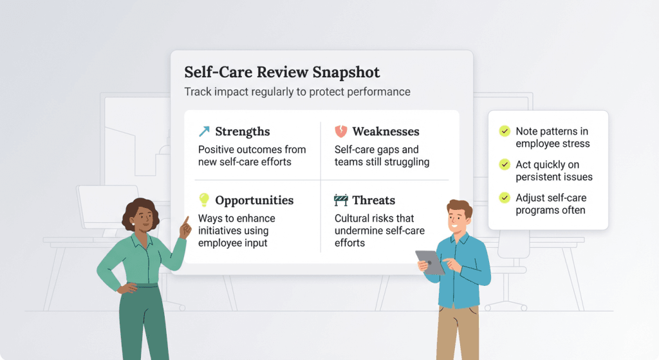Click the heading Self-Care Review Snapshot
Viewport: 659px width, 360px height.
coord(282,72)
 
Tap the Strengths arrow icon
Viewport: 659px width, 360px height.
coord(204,132)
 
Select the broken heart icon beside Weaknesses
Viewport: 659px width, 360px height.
coord(340,131)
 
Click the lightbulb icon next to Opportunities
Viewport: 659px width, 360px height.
coord(204,200)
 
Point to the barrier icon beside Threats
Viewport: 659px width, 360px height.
coord(340,200)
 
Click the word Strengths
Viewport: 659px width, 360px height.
coord(242,132)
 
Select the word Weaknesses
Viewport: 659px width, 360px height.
coord(385,132)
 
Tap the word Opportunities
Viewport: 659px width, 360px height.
coord(254,200)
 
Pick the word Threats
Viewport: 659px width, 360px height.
coord(373,200)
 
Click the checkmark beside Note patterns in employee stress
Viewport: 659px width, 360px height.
coord(505,131)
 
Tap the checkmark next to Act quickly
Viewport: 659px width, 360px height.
coord(505,165)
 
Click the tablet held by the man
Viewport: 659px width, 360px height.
coord(430,261)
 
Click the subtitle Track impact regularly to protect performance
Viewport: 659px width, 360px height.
coord(297,91)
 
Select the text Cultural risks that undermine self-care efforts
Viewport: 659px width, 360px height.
coord(379,231)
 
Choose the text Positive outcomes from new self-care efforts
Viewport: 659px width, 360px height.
coord(252,156)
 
